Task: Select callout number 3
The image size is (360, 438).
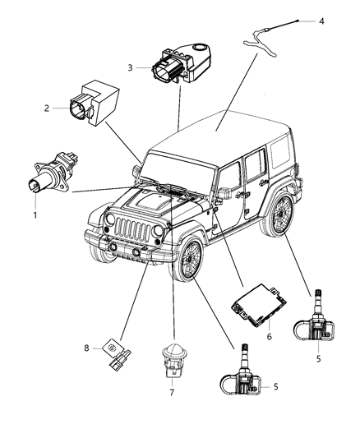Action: point(130,68)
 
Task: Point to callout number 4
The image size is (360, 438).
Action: point(321,21)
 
